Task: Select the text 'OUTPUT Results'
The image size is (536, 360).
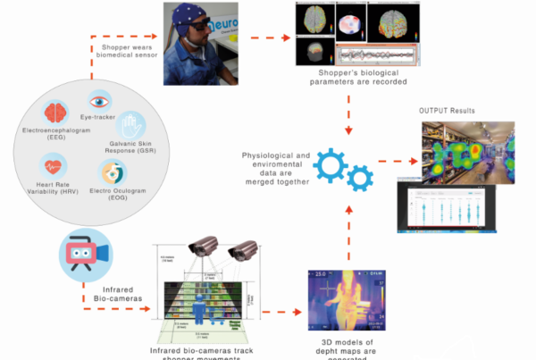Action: click(x=447, y=111)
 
